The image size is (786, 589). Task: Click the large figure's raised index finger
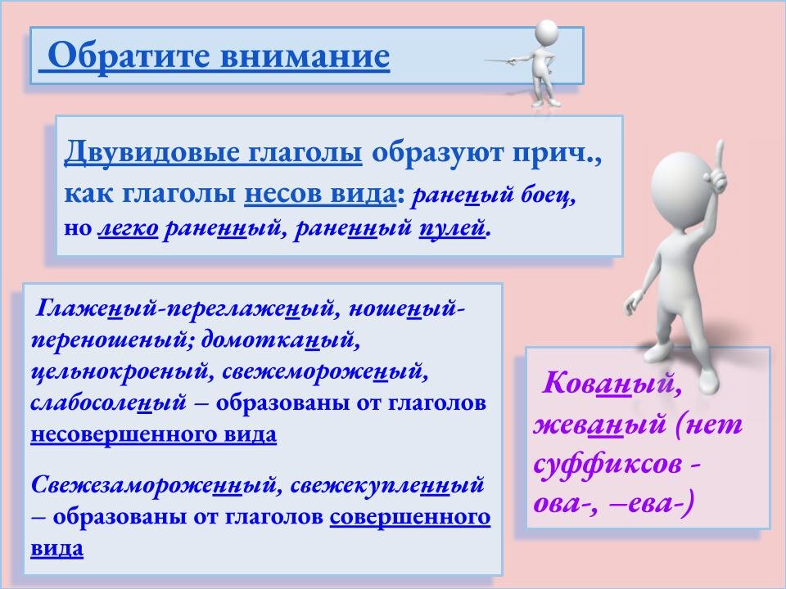point(720,153)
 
